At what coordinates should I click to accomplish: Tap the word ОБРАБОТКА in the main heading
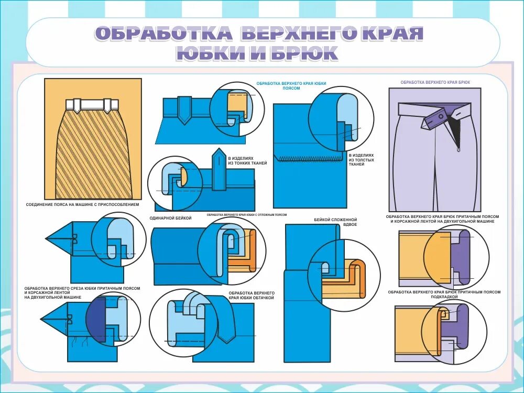coord(163,34)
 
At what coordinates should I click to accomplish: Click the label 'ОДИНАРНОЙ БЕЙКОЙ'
coord(170,217)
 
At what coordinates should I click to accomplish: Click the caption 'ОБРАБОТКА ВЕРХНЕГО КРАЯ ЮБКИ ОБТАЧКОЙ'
coord(252,294)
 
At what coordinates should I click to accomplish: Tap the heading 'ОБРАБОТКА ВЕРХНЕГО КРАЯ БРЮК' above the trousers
coord(435,83)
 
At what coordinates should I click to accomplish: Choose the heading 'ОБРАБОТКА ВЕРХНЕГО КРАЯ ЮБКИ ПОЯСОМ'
coord(294,86)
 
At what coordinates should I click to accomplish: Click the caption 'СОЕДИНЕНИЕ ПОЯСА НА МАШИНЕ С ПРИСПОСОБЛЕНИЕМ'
coord(82,204)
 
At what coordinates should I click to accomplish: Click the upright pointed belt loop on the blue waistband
coord(218,170)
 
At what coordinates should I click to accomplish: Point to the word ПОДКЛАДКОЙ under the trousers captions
coord(444,297)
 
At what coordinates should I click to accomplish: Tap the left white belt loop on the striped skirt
coord(77,105)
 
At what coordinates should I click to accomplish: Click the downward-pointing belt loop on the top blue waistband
coord(184,110)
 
